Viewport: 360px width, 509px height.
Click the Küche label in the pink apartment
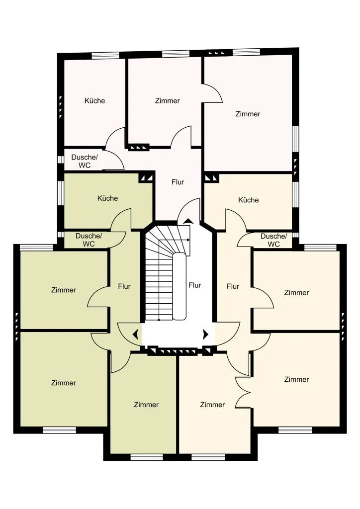coord(95,100)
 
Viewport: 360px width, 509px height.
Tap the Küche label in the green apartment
coord(107,198)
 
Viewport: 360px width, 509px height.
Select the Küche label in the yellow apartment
coord(248,200)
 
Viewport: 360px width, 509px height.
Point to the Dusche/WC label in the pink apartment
coord(84,161)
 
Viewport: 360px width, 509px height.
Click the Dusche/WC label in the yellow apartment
coord(273,240)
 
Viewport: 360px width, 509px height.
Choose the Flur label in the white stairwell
coord(195,285)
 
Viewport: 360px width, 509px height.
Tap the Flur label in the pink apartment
coord(178,182)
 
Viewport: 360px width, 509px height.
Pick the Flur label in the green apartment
coord(124,286)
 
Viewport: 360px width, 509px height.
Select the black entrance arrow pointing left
coord(136,334)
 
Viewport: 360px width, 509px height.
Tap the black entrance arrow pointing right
coord(205,334)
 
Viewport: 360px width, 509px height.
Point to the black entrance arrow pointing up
coord(187,221)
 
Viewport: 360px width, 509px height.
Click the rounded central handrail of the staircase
coord(179,286)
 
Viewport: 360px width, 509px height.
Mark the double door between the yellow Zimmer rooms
coord(243,392)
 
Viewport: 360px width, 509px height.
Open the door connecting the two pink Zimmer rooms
coord(212,93)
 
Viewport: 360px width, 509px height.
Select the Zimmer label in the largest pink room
coord(248,114)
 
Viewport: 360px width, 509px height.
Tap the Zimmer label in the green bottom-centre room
coord(146,405)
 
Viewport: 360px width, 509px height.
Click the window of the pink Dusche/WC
coord(60,160)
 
